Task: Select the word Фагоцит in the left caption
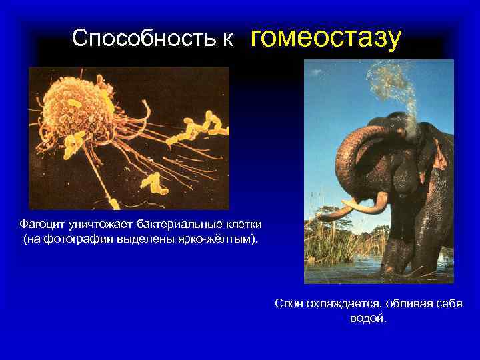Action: pyautogui.click(x=41, y=224)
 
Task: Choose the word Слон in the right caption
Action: pyautogui.click(x=289, y=304)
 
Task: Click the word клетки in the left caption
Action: pyautogui.click(x=244, y=224)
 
